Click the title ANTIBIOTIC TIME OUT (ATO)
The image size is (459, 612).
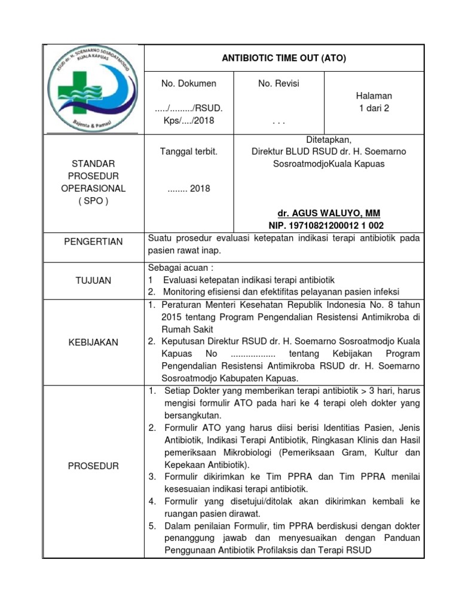pos(284,58)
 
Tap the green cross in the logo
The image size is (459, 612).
pos(73,90)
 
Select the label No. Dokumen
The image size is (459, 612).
pos(189,84)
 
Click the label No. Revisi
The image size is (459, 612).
pos(279,84)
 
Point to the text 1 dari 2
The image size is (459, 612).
pos(374,108)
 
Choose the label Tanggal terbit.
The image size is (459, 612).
pos(189,152)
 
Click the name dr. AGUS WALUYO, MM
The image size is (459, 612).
pos(329,213)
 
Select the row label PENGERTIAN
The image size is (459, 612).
pos(94,242)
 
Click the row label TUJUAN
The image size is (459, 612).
pos(94,280)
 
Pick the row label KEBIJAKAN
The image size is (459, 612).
pos(94,342)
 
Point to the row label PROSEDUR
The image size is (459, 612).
pos(94,466)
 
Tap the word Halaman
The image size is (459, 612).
pos(374,96)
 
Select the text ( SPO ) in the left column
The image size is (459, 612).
pos(94,201)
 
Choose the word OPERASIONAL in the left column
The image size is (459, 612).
pos(94,188)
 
